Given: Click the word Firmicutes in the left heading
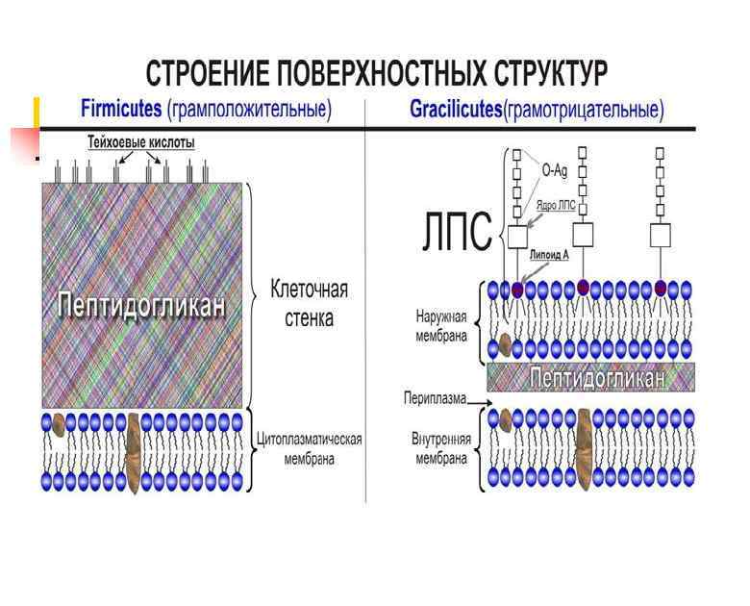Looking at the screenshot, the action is click(x=120, y=110).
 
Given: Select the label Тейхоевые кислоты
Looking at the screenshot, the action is click(x=140, y=142).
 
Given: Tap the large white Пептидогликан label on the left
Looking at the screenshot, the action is click(x=142, y=305).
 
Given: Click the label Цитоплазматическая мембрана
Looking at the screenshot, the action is click(x=309, y=449).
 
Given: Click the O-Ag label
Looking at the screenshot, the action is click(x=554, y=170).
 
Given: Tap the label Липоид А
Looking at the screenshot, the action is click(x=549, y=255).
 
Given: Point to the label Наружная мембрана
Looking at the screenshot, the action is click(x=441, y=324).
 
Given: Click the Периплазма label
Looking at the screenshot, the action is click(x=435, y=396).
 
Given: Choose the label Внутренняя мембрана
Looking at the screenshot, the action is click(x=441, y=448).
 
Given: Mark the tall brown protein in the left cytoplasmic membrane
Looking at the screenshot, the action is click(x=133, y=452).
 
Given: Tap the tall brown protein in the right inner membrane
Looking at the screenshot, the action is click(x=583, y=447).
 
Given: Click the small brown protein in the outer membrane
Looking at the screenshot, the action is click(x=505, y=344).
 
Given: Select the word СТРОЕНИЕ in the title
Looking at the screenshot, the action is click(x=206, y=73).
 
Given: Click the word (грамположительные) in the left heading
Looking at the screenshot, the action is click(x=249, y=110).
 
